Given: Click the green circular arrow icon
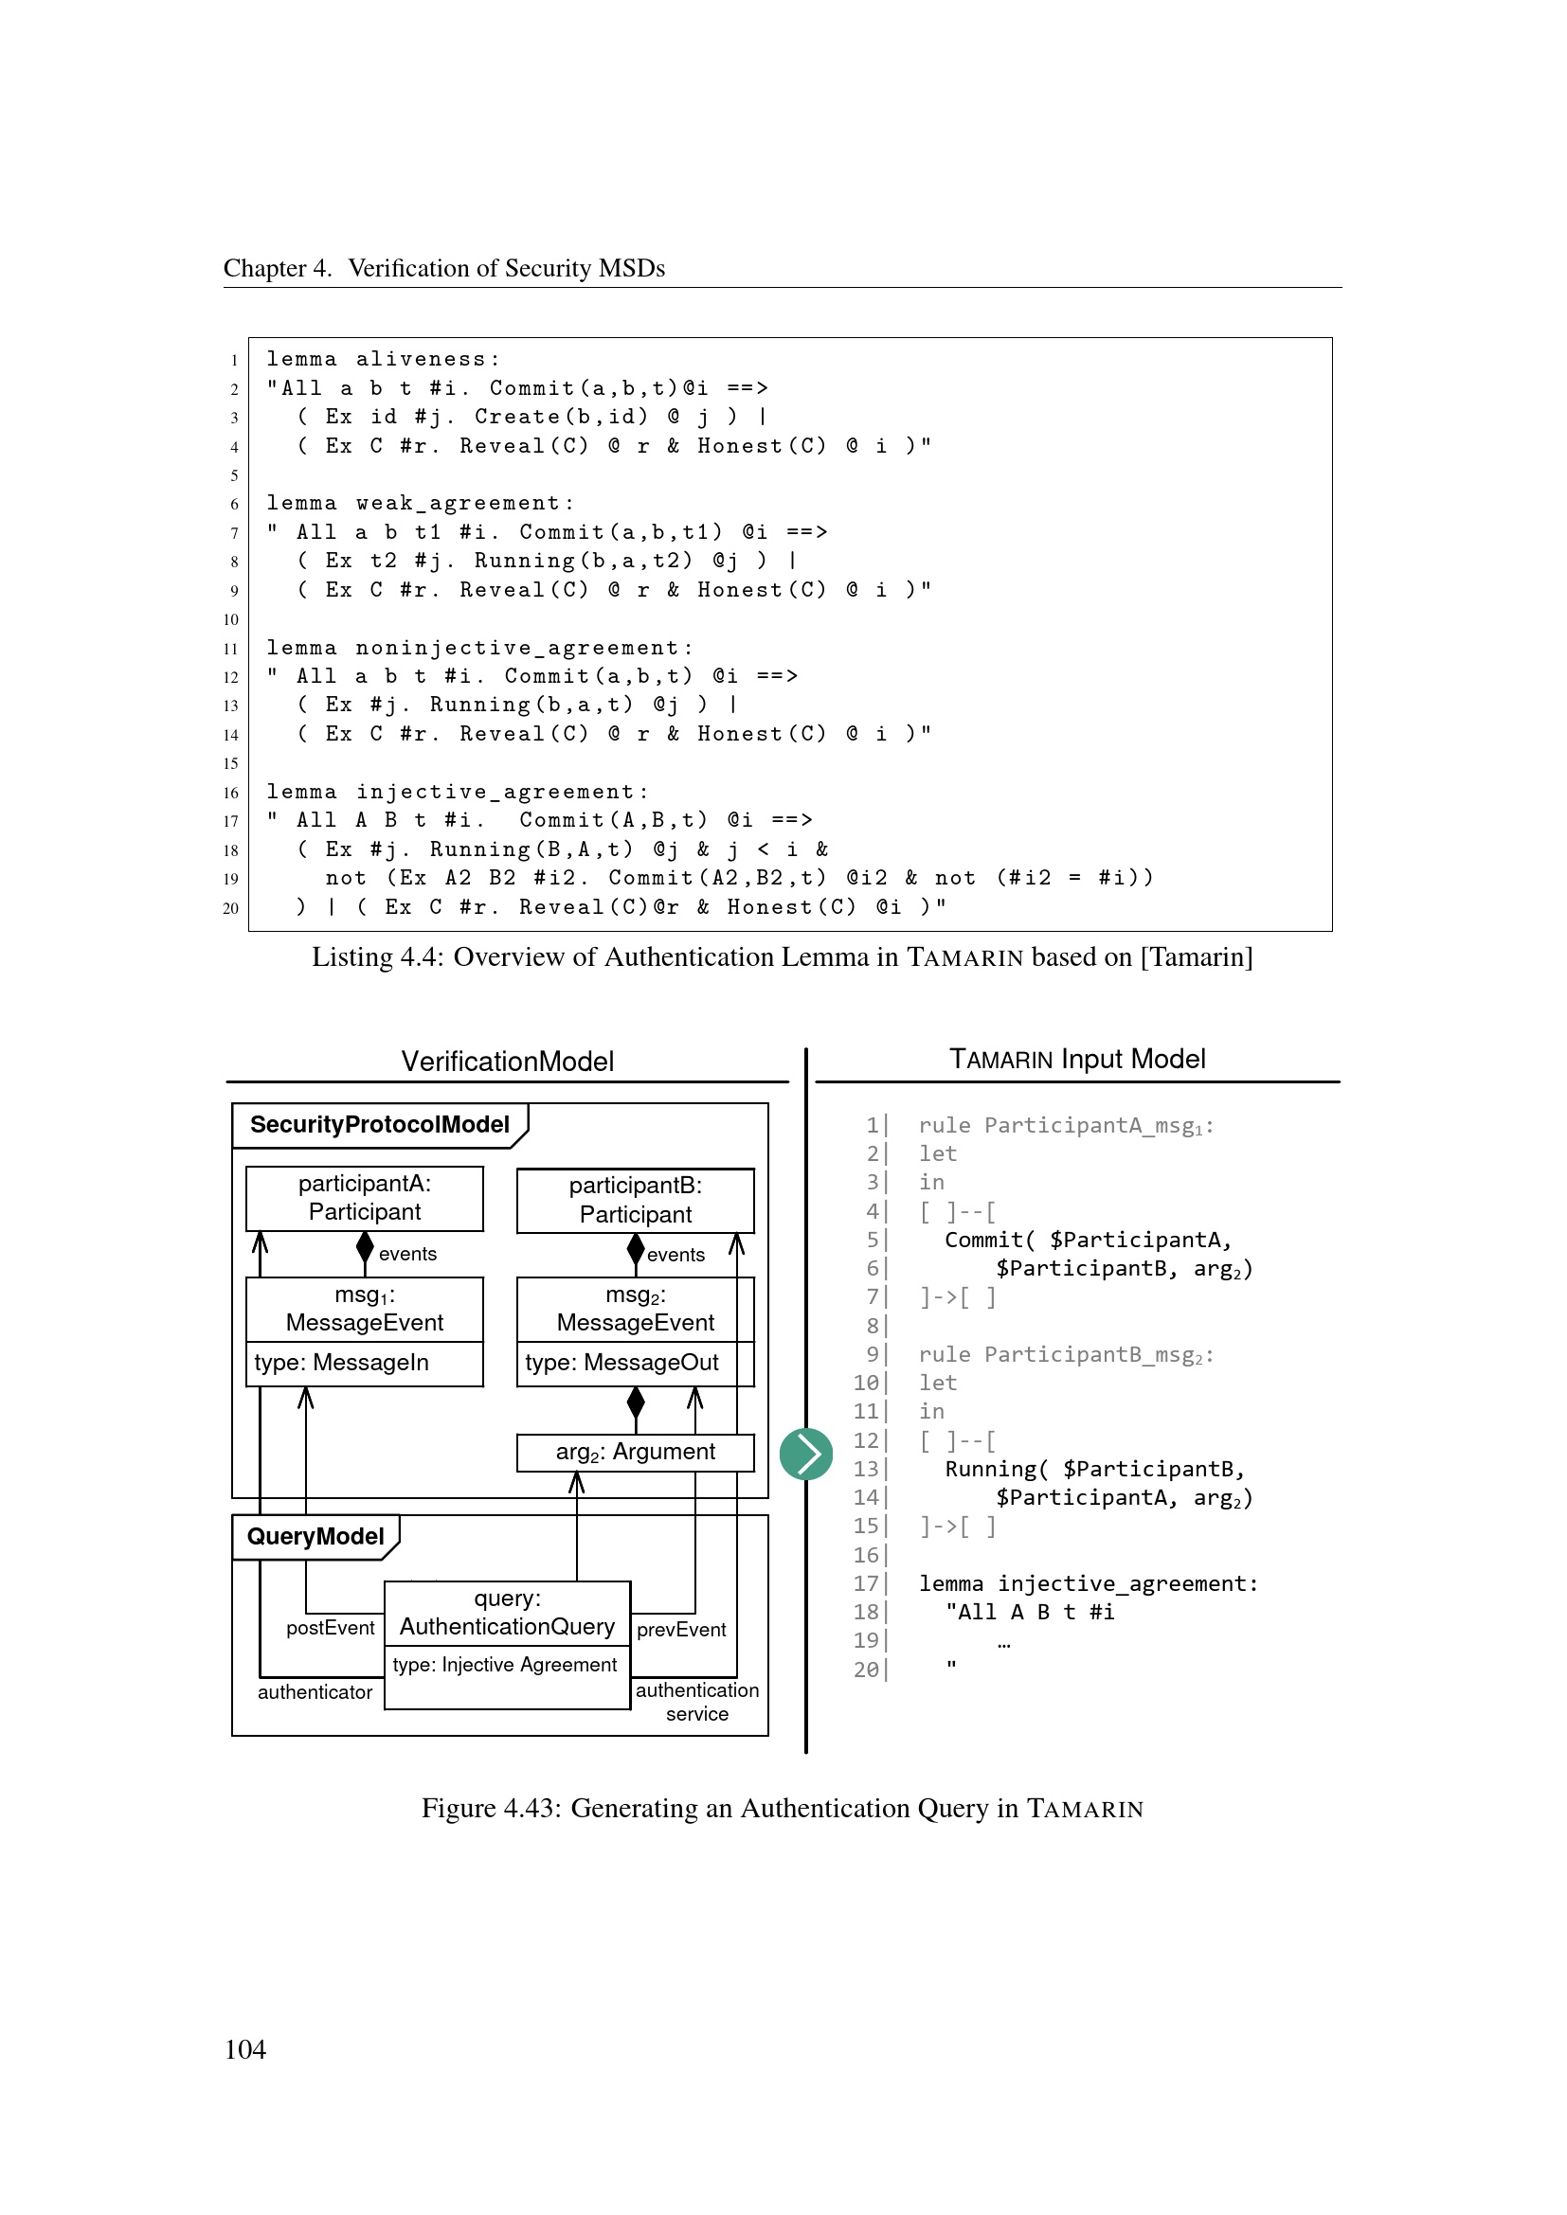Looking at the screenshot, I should click(805, 1454).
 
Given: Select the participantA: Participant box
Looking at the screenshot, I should click(365, 1198).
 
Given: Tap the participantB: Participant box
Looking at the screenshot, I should click(635, 1200).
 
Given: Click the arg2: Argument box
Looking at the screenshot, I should click(635, 1452).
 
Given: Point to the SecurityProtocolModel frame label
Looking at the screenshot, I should click(379, 1125).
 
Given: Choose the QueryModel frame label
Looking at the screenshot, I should click(315, 1537).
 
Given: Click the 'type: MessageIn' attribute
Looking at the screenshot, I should click(342, 1363).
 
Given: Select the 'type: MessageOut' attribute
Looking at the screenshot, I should click(621, 1363).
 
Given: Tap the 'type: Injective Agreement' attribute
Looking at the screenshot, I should click(505, 1665).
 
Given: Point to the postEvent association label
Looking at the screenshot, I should click(330, 1629).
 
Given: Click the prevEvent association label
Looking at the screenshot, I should click(681, 1631).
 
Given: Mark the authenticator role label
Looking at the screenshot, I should click(315, 1692).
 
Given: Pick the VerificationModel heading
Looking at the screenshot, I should click(508, 1063).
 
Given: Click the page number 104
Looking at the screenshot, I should click(245, 2050).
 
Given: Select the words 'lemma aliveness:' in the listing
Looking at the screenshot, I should click(383, 360).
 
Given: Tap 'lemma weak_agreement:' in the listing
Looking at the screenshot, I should click(420, 504).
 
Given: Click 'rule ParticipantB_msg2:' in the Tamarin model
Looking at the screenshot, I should click(1065, 1355).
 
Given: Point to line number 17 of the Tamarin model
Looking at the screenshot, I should click(867, 1584).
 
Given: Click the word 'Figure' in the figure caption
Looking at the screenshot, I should click(459, 1808).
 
